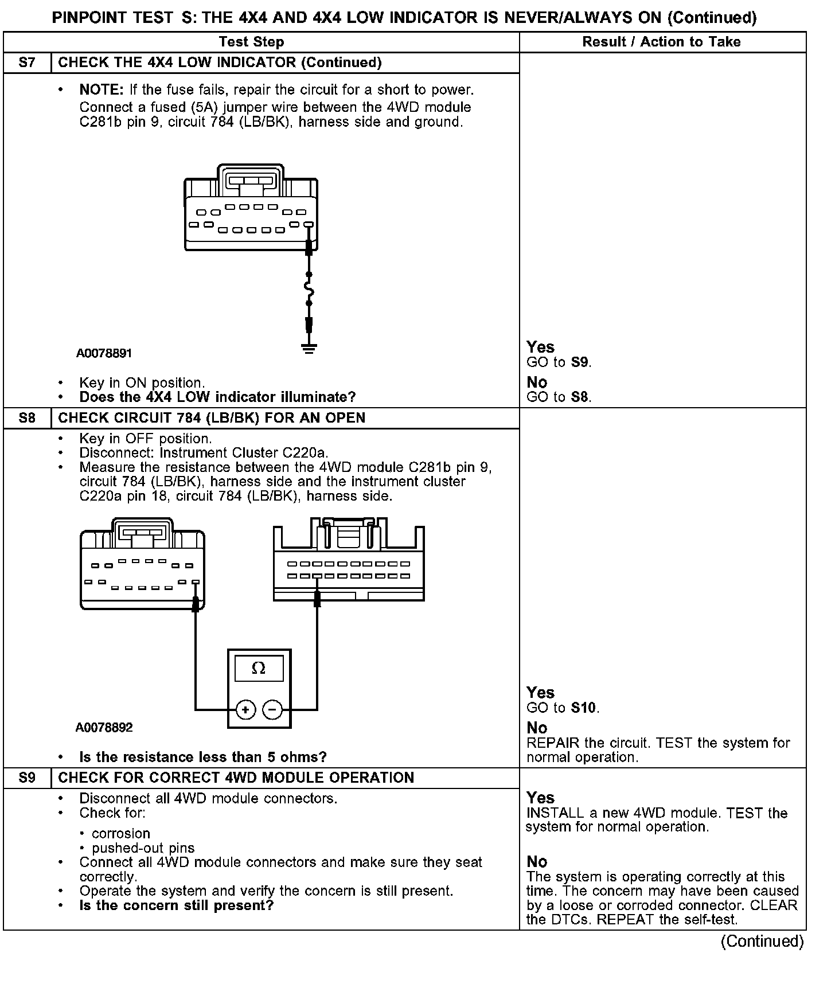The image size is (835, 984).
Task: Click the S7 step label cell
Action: point(27,63)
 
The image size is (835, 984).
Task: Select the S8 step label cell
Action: point(27,417)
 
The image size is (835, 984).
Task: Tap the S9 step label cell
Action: point(27,778)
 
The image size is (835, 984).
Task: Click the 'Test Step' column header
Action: point(251,42)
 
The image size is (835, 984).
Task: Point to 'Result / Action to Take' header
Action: point(661,42)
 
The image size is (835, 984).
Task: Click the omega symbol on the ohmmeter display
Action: point(259,668)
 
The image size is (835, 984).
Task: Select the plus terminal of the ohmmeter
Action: point(245,710)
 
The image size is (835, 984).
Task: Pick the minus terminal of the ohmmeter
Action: point(272,710)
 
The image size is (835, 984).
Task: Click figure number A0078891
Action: point(104,353)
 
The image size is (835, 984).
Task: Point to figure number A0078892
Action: point(104,728)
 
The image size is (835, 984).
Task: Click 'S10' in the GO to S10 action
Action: point(584,708)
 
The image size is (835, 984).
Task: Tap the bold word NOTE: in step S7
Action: point(102,90)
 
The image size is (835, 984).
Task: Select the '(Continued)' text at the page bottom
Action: point(762,942)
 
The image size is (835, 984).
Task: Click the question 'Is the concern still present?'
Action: point(176,905)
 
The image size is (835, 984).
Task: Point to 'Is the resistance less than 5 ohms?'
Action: point(203,757)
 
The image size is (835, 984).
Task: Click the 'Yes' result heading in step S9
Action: point(540,798)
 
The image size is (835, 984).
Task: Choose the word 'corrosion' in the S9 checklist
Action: point(121,833)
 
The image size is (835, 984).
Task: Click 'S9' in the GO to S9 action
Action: point(580,362)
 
